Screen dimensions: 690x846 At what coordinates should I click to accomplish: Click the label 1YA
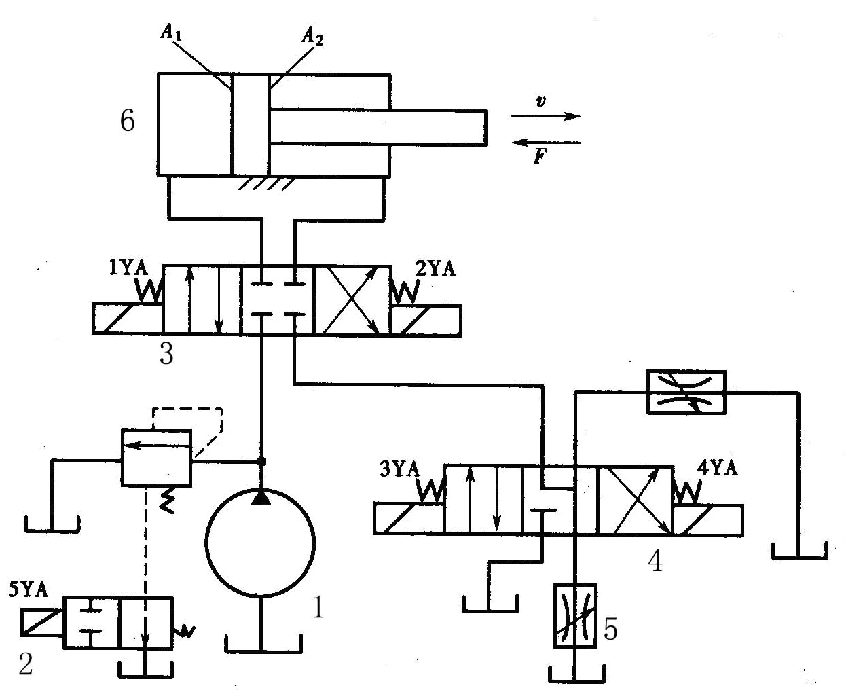[128, 268]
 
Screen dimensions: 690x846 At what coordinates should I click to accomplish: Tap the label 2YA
[435, 268]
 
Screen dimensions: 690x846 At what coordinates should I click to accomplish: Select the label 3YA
[400, 469]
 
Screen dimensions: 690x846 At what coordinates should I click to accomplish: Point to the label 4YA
[717, 469]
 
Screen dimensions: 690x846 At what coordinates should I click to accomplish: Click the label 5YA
[29, 589]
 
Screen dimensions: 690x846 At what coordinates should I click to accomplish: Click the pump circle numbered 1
[259, 543]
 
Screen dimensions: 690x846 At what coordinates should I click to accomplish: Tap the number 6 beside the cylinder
[127, 121]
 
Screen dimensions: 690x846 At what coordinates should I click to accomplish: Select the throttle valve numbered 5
[575, 615]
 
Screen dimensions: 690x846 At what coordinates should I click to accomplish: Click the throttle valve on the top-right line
[686, 391]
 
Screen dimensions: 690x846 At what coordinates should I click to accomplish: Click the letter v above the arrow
[540, 101]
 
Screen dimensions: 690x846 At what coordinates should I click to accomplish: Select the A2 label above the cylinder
[312, 37]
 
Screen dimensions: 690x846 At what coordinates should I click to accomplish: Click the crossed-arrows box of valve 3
[351, 299]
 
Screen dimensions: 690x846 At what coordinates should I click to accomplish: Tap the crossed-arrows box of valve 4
[634, 499]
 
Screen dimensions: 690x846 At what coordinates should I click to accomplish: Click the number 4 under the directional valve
[655, 561]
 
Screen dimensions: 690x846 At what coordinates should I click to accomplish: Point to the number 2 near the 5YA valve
[25, 665]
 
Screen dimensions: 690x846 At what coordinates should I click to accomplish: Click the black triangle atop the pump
[260, 498]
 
